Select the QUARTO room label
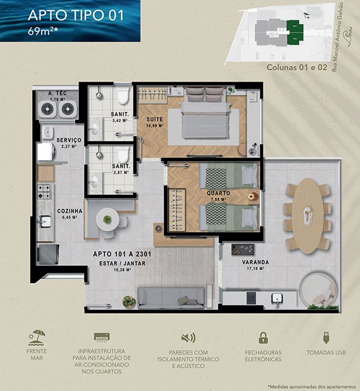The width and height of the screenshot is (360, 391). (x=218, y=193)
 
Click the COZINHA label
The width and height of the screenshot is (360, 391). (x=69, y=211)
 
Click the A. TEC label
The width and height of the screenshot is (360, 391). (x=57, y=93)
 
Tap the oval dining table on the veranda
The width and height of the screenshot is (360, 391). (x=307, y=215)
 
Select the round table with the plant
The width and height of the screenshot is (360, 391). (x=108, y=219)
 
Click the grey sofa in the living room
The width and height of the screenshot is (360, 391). (x=170, y=298)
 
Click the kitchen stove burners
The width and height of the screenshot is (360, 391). (x=44, y=191)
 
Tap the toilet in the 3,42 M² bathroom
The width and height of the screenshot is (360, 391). (x=123, y=96)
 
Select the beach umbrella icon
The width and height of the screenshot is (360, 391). (x=37, y=337)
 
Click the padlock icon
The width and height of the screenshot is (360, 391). (x=263, y=338)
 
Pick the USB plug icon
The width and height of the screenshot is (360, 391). (x=326, y=338)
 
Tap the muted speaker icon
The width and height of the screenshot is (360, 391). (x=188, y=338)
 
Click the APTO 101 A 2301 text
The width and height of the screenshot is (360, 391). (x=118, y=253)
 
